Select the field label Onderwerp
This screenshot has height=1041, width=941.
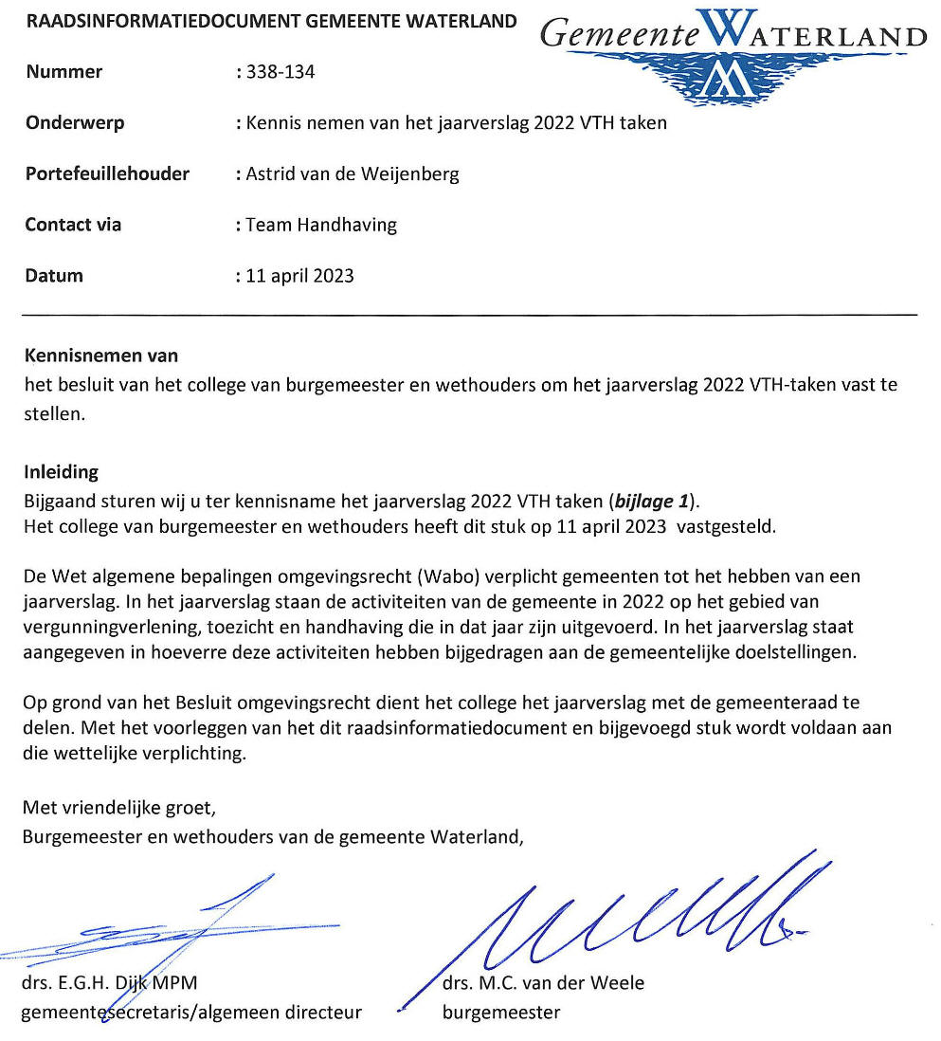pos(75,123)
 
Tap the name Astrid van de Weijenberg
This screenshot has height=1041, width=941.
pos(352,174)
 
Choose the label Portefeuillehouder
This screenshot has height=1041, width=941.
pos(107,174)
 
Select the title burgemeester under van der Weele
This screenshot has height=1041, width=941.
pos(501,1013)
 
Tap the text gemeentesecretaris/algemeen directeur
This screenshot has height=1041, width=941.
pos(191,1013)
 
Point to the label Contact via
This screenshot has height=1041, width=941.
pos(73,226)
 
